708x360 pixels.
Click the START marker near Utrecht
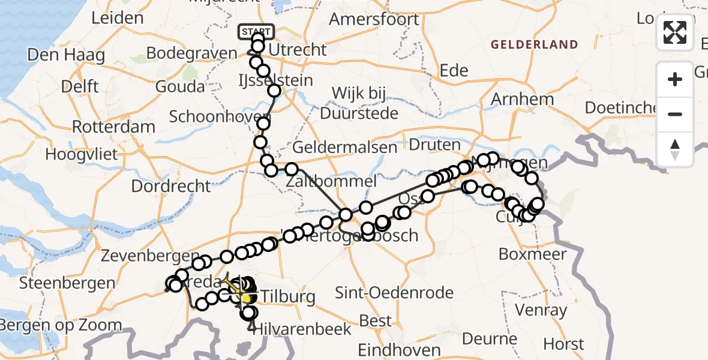(x=257, y=31)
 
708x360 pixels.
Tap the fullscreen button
(x=675, y=32)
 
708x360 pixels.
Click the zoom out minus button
(x=675, y=114)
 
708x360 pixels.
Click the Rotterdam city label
(x=113, y=127)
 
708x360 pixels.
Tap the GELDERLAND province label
(x=534, y=44)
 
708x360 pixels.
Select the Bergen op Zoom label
(x=61, y=326)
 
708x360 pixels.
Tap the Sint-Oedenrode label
(x=394, y=293)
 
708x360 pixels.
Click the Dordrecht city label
(x=163, y=186)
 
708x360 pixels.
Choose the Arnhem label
(x=514, y=98)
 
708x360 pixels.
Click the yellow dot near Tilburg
(x=245, y=298)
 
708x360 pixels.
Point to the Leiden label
(x=118, y=17)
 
